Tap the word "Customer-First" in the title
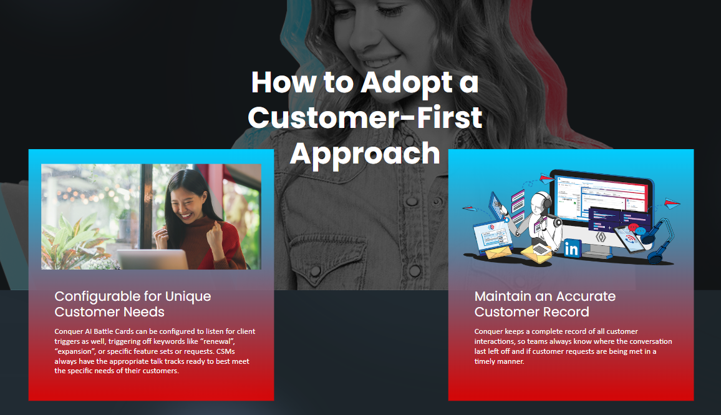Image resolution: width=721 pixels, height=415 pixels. [x=365, y=117]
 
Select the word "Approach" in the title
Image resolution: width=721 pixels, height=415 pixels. [x=365, y=155]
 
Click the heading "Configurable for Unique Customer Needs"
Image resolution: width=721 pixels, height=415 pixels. [x=132, y=304]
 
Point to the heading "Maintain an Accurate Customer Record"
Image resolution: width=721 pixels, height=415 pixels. [x=545, y=304]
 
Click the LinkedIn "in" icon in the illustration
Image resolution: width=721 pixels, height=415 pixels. [x=572, y=248]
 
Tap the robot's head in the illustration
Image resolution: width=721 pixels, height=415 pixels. [x=541, y=202]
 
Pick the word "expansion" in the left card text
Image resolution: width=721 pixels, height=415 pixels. [x=75, y=351]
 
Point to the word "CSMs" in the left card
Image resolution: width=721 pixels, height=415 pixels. [x=225, y=351]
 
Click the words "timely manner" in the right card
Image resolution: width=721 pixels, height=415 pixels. [x=499, y=361]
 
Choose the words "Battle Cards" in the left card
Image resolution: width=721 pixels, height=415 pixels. [x=114, y=331]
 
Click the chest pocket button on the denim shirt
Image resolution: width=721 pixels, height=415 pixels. [x=316, y=271]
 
